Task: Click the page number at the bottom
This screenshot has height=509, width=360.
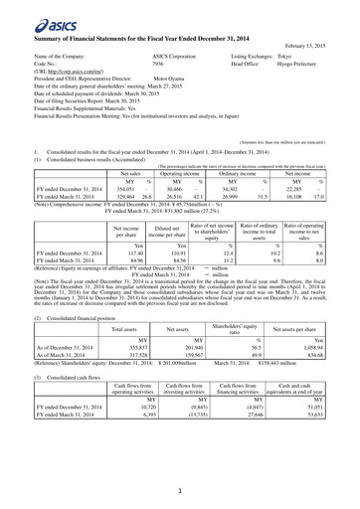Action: (180, 491)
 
